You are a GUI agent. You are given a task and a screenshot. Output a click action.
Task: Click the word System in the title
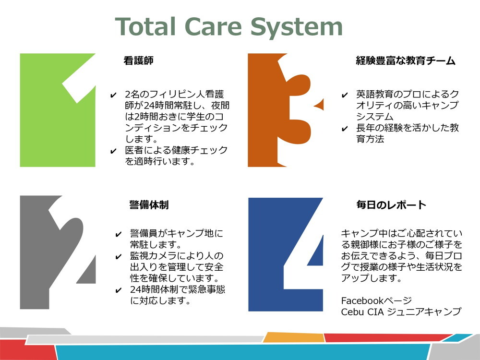tap(296, 27)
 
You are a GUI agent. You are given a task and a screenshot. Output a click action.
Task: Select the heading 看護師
tap(138, 60)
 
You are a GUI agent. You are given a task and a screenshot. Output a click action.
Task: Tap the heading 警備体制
tap(149, 205)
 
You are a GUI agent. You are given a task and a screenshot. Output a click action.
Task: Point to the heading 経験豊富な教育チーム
tap(406, 60)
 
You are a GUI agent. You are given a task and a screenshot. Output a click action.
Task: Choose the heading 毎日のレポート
tap(391, 205)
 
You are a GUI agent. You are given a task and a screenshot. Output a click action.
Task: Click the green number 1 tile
tap(58, 110)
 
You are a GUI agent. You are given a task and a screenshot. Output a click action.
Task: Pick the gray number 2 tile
tap(58, 252)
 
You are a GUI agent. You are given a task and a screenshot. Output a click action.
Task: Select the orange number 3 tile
tap(285, 110)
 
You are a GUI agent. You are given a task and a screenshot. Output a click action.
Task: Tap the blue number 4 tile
tap(285, 254)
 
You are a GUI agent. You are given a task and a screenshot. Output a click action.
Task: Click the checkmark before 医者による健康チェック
tap(113, 151)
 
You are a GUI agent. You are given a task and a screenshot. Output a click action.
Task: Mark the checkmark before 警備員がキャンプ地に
tap(119, 235)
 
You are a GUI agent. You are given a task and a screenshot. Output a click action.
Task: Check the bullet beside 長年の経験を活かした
tap(345, 129)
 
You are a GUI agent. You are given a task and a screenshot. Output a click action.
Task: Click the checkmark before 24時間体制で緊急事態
tap(119, 290)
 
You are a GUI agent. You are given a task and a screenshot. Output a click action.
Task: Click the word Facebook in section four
tap(362, 300)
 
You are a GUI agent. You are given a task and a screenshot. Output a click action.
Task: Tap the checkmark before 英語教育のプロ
tap(345, 95)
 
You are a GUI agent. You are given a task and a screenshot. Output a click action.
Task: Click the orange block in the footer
tap(294, 337)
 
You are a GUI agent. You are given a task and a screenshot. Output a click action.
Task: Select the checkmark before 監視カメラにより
tap(119, 257)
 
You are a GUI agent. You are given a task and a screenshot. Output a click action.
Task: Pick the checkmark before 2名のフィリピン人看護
tap(113, 95)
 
